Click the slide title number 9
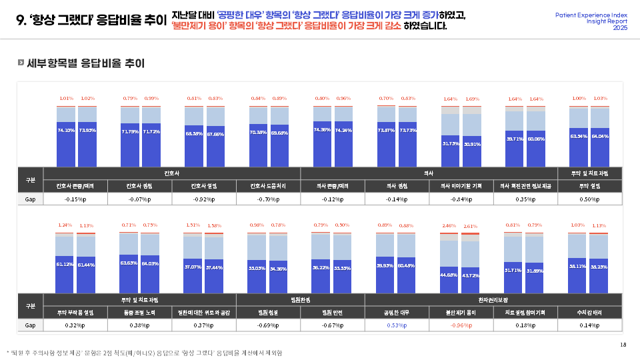pos(21,20)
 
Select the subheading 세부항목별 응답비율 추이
pos(85,63)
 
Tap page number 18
pos(623,344)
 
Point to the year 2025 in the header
pos(620,27)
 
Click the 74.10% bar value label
pos(66,130)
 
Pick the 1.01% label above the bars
pos(66,98)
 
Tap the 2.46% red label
pos(449,226)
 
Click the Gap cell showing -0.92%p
pos(204,199)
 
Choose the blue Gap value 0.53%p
pos(397,325)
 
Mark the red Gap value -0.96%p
pos(461,325)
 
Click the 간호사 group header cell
pos(172,173)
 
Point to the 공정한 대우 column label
pos(397,312)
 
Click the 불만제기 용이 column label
pos(461,312)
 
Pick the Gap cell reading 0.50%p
pos(590,199)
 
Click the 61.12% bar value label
pos(64,265)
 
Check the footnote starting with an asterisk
pos(144,353)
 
